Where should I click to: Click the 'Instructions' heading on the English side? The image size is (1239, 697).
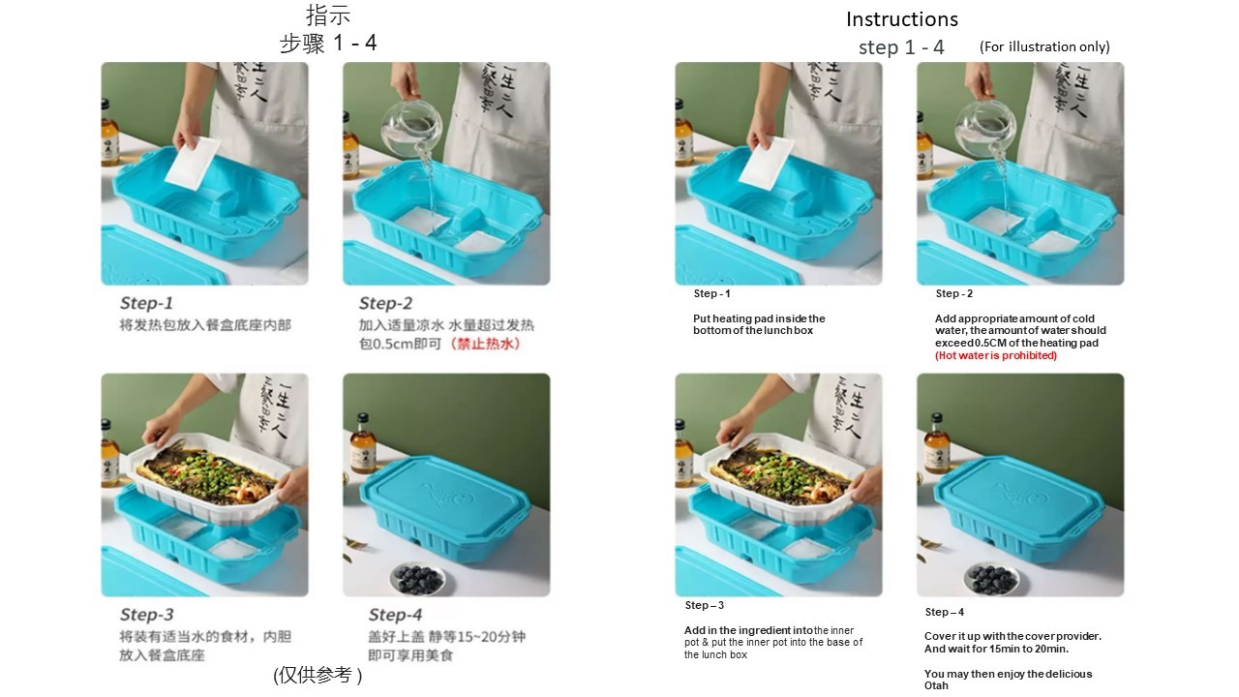pyautogui.click(x=901, y=19)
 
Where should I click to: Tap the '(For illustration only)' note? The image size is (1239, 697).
pyautogui.click(x=1044, y=47)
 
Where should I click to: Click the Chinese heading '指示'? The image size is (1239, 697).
pyautogui.click(x=328, y=15)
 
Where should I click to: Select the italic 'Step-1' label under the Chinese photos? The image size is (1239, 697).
pyautogui.click(x=146, y=303)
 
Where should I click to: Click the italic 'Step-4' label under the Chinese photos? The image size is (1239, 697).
pyautogui.click(x=395, y=615)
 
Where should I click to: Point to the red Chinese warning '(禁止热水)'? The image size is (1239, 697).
pyautogui.click(x=485, y=344)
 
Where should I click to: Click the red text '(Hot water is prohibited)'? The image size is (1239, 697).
pyautogui.click(x=996, y=355)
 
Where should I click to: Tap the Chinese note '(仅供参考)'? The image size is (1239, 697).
pyautogui.click(x=317, y=676)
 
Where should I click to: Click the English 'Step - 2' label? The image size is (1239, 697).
pyautogui.click(x=954, y=293)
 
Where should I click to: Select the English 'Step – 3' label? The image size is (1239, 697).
pyautogui.click(x=704, y=605)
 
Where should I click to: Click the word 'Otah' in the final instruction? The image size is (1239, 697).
pyautogui.click(x=936, y=686)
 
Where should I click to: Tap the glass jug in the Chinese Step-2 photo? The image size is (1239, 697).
pyautogui.click(x=412, y=127)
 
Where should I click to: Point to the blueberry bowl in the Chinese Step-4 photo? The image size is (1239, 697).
pyautogui.click(x=417, y=578)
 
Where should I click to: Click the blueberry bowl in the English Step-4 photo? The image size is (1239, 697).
pyautogui.click(x=991, y=578)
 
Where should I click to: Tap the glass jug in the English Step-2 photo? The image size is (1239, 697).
pyautogui.click(x=985, y=127)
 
